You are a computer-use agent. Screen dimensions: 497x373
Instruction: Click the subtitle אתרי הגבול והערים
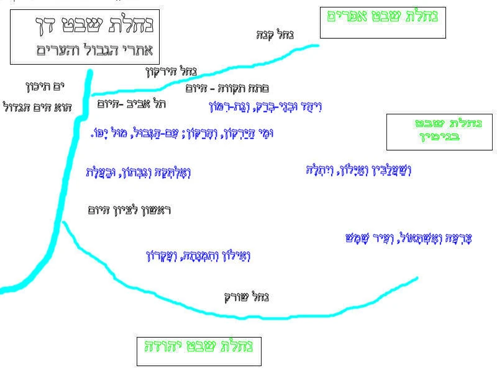(x=93, y=50)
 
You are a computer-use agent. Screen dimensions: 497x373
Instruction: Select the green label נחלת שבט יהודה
(x=199, y=346)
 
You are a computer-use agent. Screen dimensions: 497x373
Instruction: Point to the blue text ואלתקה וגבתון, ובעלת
(x=138, y=172)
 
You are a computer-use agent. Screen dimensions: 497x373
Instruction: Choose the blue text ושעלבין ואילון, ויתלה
(x=358, y=169)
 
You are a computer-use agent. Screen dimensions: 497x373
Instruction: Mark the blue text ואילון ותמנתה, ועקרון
(x=197, y=255)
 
